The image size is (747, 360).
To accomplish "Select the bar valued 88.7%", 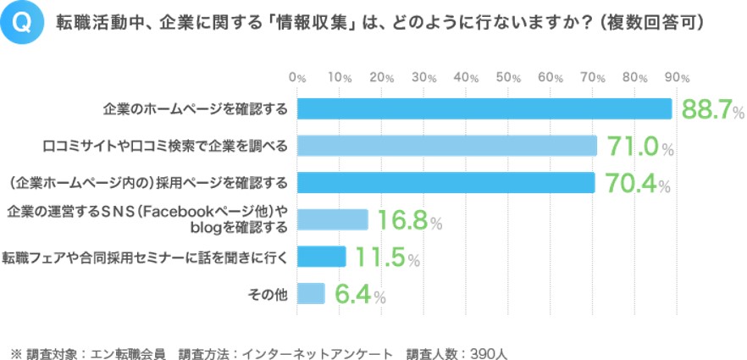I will click(x=484, y=109).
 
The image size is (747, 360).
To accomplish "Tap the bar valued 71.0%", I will click(x=446, y=146).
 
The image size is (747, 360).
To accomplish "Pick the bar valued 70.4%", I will click(x=445, y=183).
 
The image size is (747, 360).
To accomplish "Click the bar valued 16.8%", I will click(x=332, y=220).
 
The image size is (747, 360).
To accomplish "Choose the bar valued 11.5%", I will click(x=321, y=257).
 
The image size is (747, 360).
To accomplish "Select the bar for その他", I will click(x=311, y=294).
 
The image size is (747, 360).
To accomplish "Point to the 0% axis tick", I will click(x=297, y=77).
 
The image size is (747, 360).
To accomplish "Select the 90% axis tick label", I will click(x=677, y=77).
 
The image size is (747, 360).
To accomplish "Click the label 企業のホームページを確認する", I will click(x=195, y=109).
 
